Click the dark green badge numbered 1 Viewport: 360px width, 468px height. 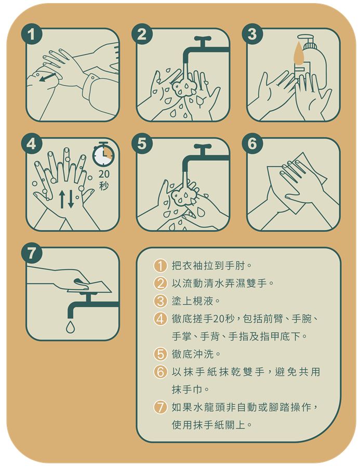coord(32,34)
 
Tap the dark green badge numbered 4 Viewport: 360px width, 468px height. coord(32,144)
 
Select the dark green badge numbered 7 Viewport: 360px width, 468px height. coord(32,253)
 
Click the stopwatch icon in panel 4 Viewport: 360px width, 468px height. coord(103,154)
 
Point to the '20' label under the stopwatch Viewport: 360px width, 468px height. coord(104,174)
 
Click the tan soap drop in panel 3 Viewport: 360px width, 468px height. coord(299,53)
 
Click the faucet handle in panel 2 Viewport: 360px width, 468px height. coord(203,38)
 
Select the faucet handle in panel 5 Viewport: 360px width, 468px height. coord(203,147)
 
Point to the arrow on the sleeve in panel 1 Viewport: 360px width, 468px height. coord(47,76)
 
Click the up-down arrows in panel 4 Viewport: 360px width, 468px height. coord(66,199)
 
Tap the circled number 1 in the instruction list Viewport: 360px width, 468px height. coord(160,265)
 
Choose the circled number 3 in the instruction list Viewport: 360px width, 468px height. coord(160,301)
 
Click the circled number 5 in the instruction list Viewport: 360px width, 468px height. coord(160,354)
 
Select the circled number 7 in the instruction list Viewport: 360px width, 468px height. coord(160,407)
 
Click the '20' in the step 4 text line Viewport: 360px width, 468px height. coord(219,319)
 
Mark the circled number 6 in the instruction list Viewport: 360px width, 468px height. coord(160,372)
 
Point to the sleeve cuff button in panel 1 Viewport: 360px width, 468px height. coord(93,78)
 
